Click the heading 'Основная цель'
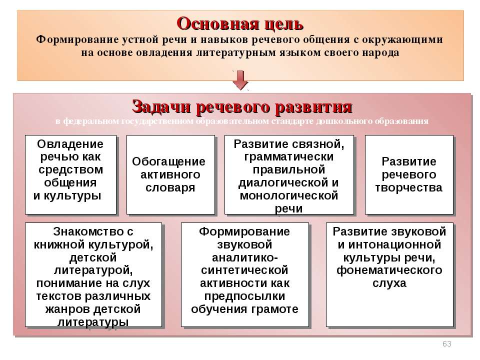point(240,23)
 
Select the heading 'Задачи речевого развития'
point(242,107)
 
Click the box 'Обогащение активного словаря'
point(170,174)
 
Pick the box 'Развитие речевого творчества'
point(409,174)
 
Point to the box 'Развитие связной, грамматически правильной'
point(289,174)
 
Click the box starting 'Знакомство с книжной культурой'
point(93,274)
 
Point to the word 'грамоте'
point(277,309)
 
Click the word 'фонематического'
point(389,270)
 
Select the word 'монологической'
point(289,195)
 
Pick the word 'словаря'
point(170,188)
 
